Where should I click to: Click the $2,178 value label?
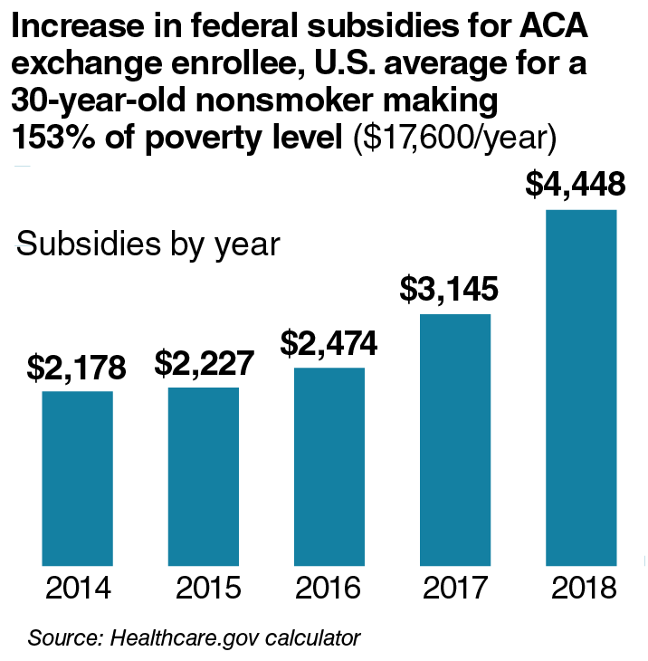tap(76, 368)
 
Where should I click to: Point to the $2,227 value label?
tap(203, 363)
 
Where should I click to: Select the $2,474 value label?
tap(329, 344)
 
